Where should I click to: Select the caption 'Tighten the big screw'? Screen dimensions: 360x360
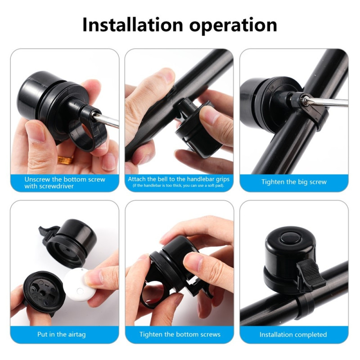click(294, 182)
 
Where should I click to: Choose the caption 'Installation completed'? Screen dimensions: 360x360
click(293, 334)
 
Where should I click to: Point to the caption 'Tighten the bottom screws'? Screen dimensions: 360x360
click(180, 334)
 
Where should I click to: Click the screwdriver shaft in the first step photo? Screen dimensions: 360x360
click(107, 120)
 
